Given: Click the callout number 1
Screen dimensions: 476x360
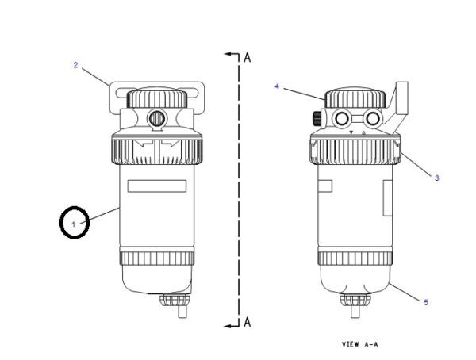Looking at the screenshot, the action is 74,224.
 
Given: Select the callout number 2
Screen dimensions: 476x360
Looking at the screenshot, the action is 75,65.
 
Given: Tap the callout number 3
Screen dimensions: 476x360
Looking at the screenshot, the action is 437,178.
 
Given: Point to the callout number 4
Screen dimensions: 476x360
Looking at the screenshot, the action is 277,86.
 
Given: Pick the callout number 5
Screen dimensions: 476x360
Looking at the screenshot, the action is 426,302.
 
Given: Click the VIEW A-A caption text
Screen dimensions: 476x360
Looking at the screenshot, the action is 360,344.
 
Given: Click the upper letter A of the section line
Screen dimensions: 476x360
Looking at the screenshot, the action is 248,57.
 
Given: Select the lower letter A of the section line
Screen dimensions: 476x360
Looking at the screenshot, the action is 248,322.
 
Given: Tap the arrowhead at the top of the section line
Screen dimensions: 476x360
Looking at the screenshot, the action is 228,54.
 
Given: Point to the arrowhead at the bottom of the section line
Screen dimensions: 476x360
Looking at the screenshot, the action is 228,326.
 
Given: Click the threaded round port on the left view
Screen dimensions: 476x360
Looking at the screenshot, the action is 156,118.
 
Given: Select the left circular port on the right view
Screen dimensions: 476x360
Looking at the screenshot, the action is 341,118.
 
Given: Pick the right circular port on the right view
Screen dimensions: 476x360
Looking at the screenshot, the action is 373,118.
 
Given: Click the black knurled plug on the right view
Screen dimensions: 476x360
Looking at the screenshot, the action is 317,118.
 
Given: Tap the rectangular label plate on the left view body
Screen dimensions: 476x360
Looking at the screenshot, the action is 157,186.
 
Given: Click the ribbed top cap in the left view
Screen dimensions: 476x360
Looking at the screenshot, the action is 156,98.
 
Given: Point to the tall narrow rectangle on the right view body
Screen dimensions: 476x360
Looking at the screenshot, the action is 388,198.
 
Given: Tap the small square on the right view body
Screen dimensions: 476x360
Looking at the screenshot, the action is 324,186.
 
